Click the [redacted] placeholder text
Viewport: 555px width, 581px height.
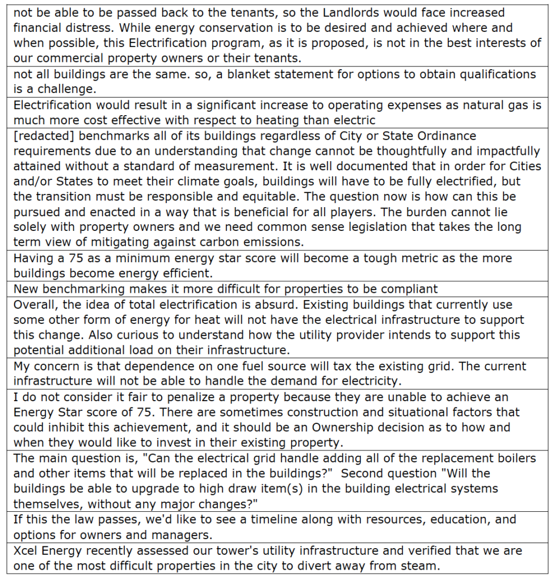click(x=43, y=136)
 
